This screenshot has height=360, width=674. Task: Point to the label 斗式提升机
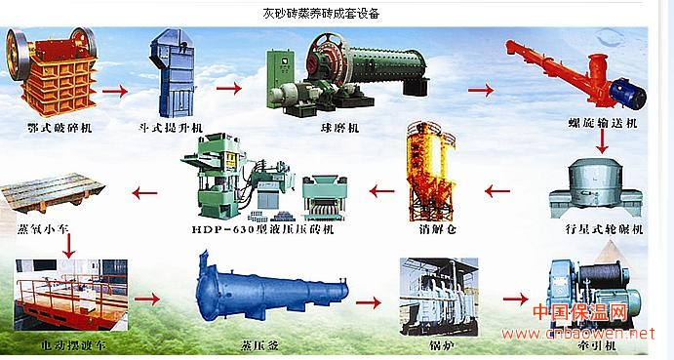[172, 127]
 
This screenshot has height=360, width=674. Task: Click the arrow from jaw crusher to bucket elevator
[114, 92]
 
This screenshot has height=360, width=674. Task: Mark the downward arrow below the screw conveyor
[604, 143]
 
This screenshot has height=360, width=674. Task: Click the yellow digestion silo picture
[427, 176]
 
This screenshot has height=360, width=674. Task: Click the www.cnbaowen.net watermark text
[585, 333]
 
